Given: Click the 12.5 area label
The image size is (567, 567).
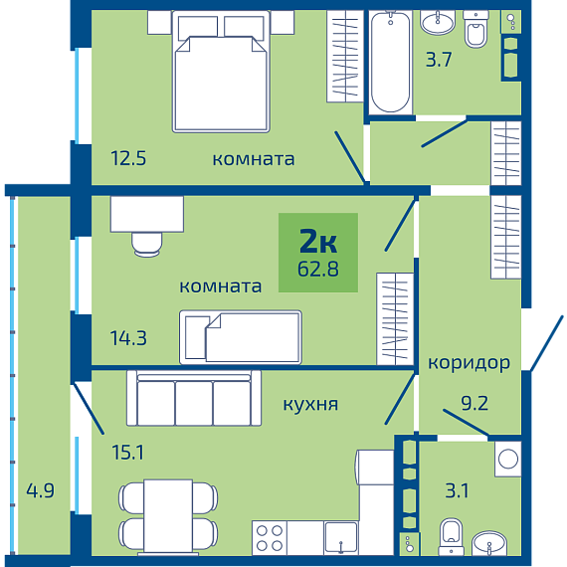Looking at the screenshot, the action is [x=128, y=158].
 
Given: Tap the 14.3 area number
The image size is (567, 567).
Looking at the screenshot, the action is [x=128, y=338].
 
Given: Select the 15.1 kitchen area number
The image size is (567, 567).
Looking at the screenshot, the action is [x=128, y=453].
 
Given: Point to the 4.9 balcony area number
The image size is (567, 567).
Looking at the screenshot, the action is [x=40, y=490].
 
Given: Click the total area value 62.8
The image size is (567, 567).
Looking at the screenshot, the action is [x=318, y=269].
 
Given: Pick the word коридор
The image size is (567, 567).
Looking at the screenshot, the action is [x=469, y=363].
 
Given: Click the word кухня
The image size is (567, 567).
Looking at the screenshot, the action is [x=310, y=404].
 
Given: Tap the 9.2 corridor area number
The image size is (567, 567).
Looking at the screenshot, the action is [x=474, y=403].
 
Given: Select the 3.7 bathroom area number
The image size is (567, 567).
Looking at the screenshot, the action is [x=439, y=60].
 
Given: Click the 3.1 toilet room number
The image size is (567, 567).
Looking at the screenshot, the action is [x=457, y=490].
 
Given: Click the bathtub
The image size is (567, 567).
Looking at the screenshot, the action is [x=390, y=62].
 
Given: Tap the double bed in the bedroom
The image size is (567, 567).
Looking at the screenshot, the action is [x=221, y=72].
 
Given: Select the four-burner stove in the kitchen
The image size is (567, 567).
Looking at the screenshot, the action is [x=270, y=538].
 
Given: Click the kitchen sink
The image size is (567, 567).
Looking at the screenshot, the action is [x=341, y=538].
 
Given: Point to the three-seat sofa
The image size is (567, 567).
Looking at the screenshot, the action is [x=194, y=398].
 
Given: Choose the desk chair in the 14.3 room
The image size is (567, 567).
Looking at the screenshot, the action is [x=147, y=245].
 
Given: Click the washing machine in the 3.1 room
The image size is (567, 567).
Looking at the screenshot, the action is [x=508, y=459].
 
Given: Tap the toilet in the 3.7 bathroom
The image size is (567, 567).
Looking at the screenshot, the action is [x=475, y=30].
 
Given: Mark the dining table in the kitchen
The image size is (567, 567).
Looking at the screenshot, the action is [x=168, y=516].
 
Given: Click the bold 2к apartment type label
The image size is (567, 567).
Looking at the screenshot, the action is [x=318, y=241].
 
